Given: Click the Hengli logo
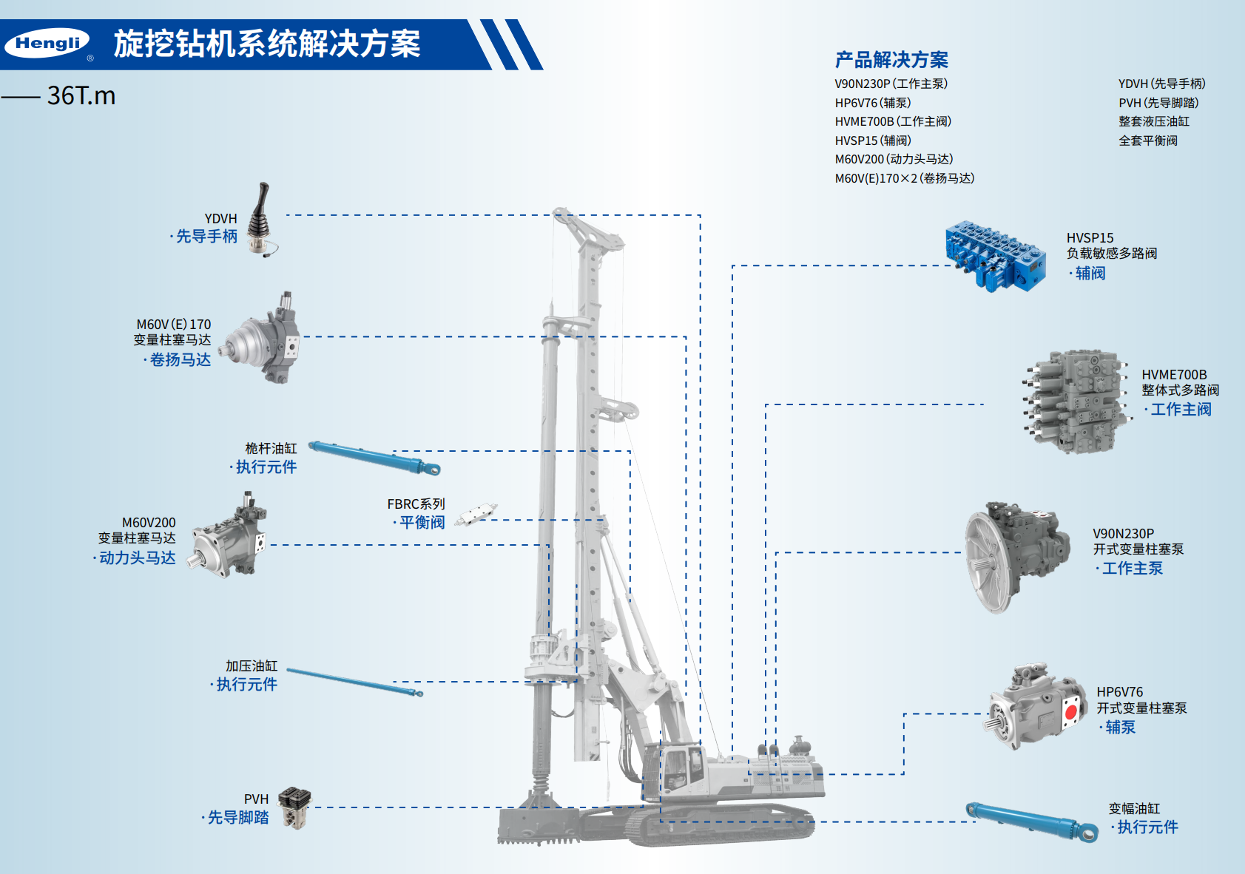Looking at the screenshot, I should tap(47, 44).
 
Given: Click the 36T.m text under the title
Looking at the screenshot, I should tap(81, 96).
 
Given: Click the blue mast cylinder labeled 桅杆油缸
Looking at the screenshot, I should tap(374, 458).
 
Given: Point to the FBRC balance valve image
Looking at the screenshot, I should tap(476, 515).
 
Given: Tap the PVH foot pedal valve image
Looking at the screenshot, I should tap(295, 807).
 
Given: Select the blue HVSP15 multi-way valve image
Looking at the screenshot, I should tap(995, 256).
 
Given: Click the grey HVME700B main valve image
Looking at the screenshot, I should tap(1078, 402).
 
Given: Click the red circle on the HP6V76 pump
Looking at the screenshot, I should tap(1070, 713).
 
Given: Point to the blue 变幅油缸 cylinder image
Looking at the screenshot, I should tap(1032, 822).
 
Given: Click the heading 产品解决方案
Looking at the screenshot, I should tap(891, 60).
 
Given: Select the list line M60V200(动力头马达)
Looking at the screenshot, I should tap(894, 159).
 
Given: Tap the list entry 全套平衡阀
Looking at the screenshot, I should tap(1147, 140).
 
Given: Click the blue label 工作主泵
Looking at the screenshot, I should tap(1132, 568).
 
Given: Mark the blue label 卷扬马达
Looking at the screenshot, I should tap(180, 359).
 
